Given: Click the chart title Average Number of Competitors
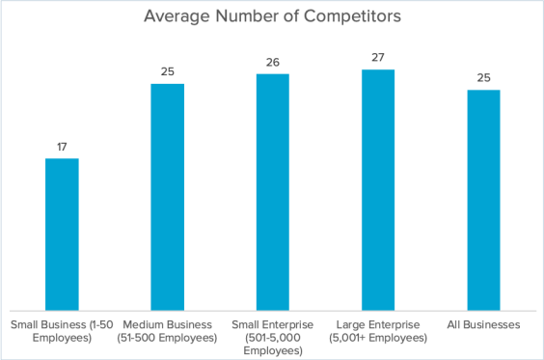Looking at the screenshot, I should click(273, 16).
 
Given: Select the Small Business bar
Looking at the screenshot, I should click(62, 233).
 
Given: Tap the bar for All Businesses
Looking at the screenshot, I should click(482, 199).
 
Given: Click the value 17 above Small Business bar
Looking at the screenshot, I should click(62, 147).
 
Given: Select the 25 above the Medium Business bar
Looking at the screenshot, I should click(167, 72).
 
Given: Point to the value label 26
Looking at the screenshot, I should click(272, 63).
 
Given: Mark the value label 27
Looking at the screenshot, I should click(377, 58).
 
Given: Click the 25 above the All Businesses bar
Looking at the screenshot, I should click(482, 79).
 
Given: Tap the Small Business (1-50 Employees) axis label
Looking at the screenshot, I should click(62, 332).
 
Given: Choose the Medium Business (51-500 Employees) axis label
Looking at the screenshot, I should click(167, 332).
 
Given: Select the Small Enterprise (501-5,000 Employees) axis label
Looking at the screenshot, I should click(272, 338).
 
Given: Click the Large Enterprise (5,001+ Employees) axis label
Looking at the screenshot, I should click(377, 332).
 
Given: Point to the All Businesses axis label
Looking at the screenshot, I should click(482, 325).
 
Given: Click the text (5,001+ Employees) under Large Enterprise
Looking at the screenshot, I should click(377, 339).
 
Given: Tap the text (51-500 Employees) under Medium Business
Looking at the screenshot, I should click(167, 339).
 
